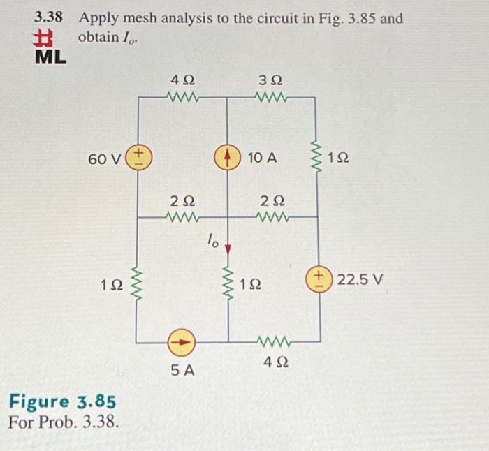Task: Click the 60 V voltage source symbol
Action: point(138,157)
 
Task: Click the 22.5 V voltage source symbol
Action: point(321,281)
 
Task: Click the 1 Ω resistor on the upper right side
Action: point(319,159)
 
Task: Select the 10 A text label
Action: point(262,158)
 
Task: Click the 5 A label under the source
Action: point(182,371)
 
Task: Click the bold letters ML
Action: point(50,57)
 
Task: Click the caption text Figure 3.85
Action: point(61,403)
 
